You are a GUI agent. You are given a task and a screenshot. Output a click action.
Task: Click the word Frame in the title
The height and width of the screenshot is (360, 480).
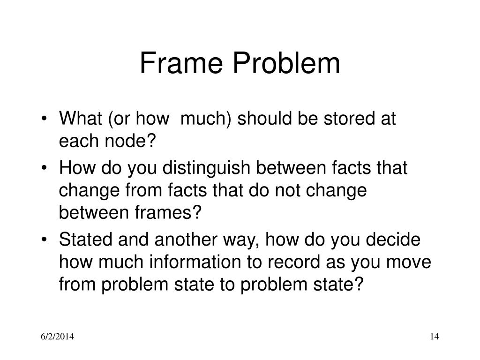[x=178, y=64]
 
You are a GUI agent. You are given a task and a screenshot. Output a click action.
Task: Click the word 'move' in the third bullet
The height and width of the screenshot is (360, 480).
[x=409, y=262]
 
